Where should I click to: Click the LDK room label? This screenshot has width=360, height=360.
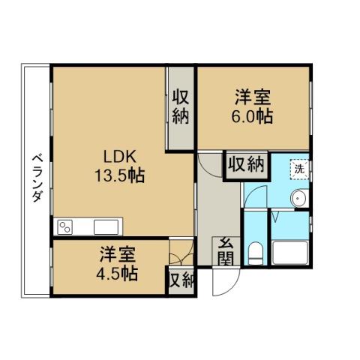pyautogui.click(x=118, y=158)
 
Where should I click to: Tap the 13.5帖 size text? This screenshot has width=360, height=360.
pyautogui.click(x=118, y=177)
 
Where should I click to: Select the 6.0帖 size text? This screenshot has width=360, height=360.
pyautogui.click(x=252, y=117)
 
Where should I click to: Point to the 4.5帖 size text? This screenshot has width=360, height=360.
pyautogui.click(x=118, y=274)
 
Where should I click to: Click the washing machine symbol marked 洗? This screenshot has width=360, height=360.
pyautogui.click(x=299, y=169)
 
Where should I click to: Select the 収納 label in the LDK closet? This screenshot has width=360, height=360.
pyautogui.click(x=180, y=106)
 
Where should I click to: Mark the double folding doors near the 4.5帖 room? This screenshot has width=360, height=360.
pyautogui.click(x=180, y=255)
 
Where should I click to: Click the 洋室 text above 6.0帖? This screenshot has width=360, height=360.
pyautogui.click(x=252, y=97)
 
